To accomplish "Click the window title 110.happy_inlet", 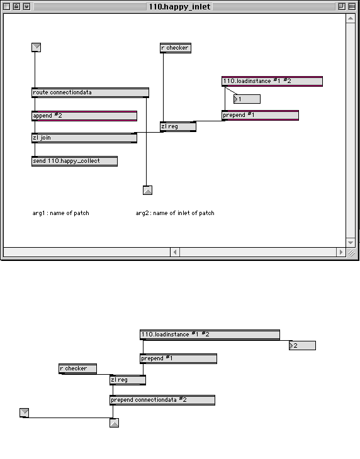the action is (179, 6).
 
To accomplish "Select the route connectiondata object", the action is (90, 92).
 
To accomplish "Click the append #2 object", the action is (84, 116).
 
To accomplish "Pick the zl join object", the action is (84, 138).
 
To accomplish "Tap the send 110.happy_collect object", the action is (74, 161).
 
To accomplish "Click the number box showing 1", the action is (247, 99).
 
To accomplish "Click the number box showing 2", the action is (302, 345).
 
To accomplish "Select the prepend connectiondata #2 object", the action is (162, 400).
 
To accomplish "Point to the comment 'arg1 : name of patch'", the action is (60, 213).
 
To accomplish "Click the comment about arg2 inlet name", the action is (175, 213).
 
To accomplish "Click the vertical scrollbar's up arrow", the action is (351, 18).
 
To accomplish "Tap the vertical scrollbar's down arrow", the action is (351, 242).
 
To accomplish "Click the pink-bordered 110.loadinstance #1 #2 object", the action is (272, 81).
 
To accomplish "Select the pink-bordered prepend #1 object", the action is (260, 115).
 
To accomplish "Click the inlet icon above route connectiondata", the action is (36, 47).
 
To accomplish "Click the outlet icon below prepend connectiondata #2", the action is (115, 423).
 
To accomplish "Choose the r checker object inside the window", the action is (176, 48).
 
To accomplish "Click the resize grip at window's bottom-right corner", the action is (351, 253).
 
